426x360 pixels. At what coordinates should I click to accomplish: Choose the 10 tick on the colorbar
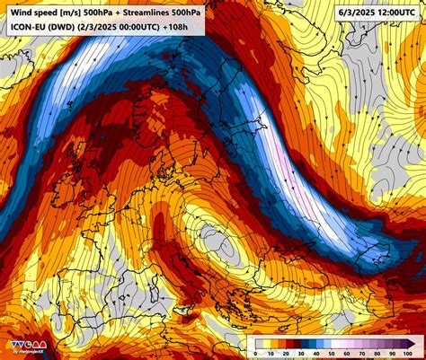271,352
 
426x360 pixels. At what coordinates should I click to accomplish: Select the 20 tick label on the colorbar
287,352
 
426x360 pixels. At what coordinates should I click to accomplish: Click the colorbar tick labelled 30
302,352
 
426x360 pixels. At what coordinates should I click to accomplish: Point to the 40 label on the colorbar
317,352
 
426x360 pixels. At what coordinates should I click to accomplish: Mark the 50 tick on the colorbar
333,352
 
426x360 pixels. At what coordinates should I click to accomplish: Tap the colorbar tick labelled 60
348,352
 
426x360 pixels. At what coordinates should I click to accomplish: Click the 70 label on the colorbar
363,352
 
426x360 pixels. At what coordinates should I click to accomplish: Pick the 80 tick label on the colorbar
378,352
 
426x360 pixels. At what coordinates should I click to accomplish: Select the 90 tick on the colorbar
394,352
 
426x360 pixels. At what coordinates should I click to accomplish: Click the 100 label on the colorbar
410,352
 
